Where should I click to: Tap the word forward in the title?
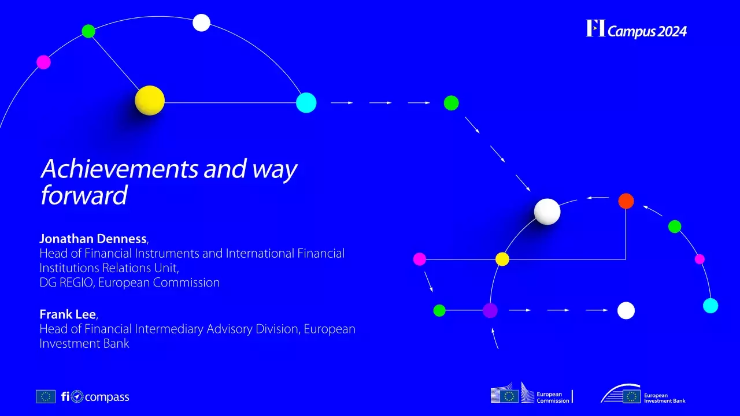(x=83, y=195)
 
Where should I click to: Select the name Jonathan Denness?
(x=93, y=239)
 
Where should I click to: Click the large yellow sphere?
(x=150, y=101)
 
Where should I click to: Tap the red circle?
(x=626, y=201)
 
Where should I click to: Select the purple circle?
(x=490, y=310)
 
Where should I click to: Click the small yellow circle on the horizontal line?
(x=502, y=259)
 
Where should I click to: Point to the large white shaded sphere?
(x=547, y=211)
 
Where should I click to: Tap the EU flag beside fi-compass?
(x=46, y=396)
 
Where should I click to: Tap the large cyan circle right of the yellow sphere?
(x=306, y=103)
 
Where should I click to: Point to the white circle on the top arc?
(x=201, y=23)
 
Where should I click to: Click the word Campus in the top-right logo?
(x=631, y=32)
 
